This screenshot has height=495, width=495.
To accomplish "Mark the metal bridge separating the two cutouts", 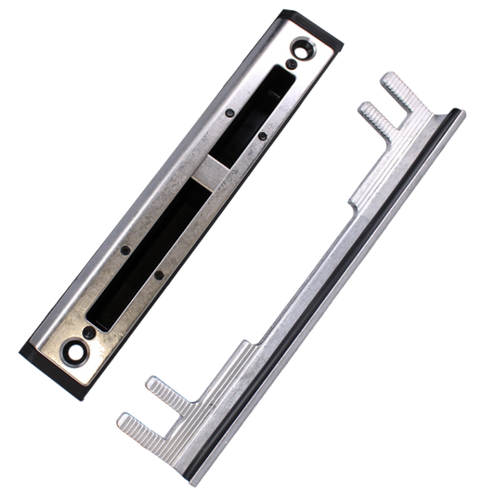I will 209,170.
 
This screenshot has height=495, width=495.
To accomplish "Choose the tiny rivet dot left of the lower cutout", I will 127,250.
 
